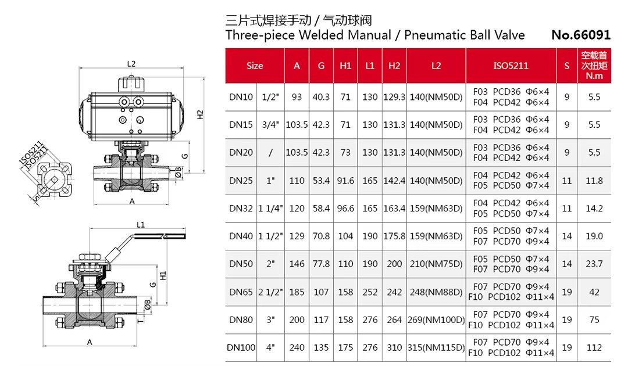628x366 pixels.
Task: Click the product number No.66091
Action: [581, 35]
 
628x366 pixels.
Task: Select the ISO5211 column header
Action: [511, 66]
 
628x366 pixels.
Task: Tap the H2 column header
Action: [394, 66]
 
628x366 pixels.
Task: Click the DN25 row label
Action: [241, 181]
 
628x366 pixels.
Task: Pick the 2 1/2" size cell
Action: [270, 292]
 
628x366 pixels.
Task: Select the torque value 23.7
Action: [594, 264]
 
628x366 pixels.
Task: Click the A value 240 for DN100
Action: [297, 347]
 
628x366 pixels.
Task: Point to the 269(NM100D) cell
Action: [436, 320]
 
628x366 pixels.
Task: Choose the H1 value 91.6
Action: [345, 181]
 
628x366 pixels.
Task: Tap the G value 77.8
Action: [321, 264]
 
